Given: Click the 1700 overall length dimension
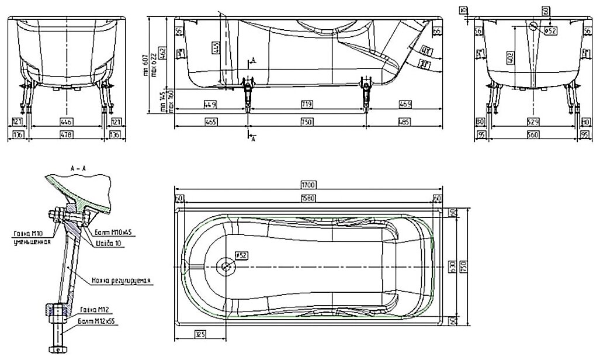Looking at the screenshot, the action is pos(307,185).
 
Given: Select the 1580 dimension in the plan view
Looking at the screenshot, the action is pos(307,198).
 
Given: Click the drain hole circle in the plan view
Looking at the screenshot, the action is pos(226,266).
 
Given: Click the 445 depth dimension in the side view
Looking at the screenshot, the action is pos(216,48).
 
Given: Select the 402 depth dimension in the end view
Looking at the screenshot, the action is pos(510,57).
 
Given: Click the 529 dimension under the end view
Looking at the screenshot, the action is pos(531,122).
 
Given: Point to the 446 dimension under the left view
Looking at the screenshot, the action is pos(68,122).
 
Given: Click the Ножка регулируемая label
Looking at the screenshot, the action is pos(122,281).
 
